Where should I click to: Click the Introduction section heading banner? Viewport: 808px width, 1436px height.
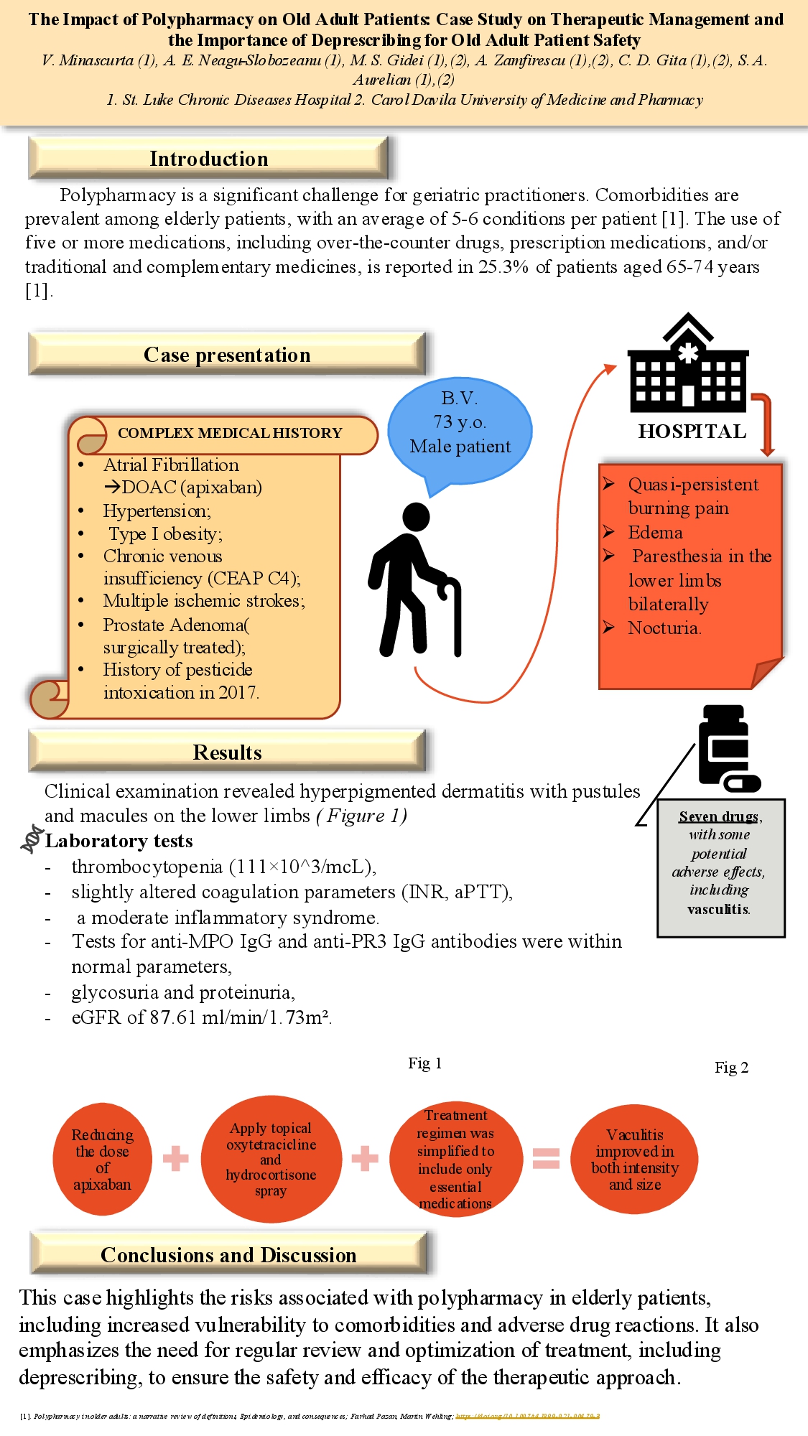(x=208, y=159)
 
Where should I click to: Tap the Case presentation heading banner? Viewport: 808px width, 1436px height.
(x=227, y=355)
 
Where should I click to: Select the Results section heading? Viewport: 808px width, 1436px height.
(x=227, y=752)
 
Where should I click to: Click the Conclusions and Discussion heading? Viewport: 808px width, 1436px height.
(x=228, y=1254)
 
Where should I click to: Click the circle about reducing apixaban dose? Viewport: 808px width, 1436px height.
(x=103, y=1159)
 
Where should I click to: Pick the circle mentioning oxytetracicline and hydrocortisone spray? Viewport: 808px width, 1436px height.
(x=271, y=1159)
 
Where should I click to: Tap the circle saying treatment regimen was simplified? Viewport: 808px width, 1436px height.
(x=455, y=1159)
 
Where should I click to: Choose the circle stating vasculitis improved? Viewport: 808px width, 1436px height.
(x=635, y=1159)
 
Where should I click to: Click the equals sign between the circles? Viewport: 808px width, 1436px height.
(x=546, y=1158)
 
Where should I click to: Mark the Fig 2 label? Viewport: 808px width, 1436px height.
(x=731, y=1068)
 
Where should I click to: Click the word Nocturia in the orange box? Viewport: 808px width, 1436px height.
(x=664, y=628)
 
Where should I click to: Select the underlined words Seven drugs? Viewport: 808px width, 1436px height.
(x=718, y=816)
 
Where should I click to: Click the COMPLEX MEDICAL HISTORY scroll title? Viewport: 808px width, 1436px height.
(x=230, y=433)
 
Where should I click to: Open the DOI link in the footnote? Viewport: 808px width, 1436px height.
(x=528, y=1416)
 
